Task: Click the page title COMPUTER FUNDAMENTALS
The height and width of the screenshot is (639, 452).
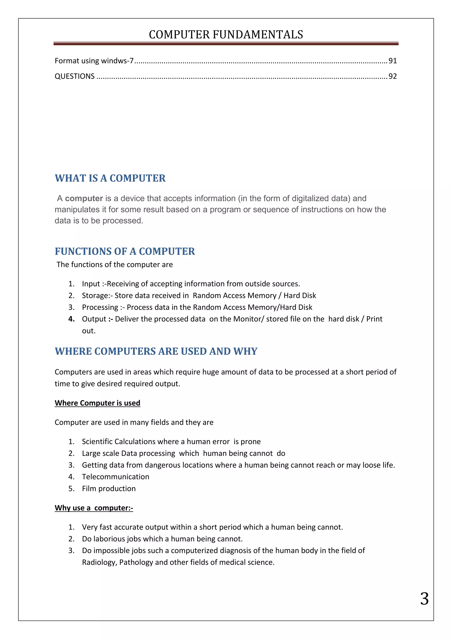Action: tap(226, 34)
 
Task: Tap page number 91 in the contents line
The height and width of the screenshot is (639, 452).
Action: tap(392, 61)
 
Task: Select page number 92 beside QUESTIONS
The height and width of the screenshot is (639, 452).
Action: tap(392, 76)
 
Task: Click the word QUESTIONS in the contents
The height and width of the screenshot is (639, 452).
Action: tap(75, 76)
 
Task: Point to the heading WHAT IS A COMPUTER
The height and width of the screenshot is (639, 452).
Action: tap(110, 178)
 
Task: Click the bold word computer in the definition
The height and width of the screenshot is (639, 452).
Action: tap(84, 198)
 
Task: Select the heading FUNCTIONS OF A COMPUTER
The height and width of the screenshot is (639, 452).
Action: tap(125, 251)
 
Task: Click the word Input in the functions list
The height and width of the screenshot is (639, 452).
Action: tap(91, 284)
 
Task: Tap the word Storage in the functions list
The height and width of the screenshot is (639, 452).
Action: tap(95, 296)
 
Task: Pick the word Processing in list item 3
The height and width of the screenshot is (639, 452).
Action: tap(100, 307)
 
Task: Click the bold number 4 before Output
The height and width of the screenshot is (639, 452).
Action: tap(71, 319)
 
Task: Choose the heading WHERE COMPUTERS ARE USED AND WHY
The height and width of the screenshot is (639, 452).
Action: tap(156, 351)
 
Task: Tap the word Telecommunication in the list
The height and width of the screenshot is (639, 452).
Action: tap(115, 477)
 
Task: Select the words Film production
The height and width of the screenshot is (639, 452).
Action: tap(109, 489)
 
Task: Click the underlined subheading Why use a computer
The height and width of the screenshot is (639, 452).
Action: tap(94, 508)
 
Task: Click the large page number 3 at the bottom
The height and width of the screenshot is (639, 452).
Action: tap(424, 599)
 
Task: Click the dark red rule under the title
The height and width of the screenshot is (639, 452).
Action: tap(226, 44)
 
